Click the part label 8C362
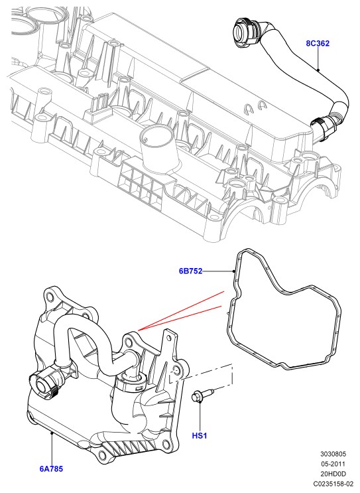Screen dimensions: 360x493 click(318, 43)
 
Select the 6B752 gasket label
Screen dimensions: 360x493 click(191, 271)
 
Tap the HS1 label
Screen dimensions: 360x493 click(200, 435)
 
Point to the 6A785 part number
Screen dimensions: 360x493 click(51, 469)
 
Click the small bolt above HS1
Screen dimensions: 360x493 click(202, 395)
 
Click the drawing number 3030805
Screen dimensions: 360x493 click(333, 454)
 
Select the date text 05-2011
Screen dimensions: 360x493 click(333, 464)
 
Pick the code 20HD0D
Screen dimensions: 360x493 click(333, 474)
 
